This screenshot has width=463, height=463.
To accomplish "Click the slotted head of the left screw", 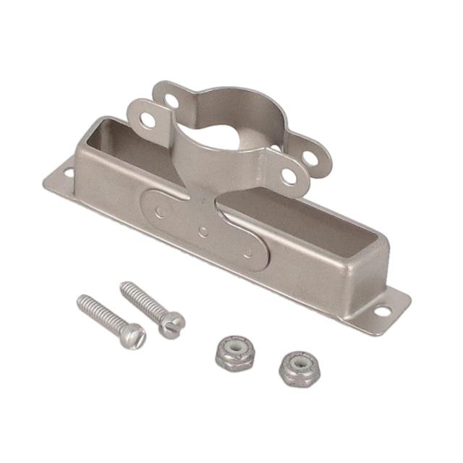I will (x=134, y=335).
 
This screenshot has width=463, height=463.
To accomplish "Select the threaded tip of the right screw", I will (x=124, y=286).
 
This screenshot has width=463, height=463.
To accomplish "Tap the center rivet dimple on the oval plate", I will (x=203, y=231).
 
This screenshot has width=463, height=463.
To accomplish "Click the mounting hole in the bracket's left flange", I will (x=68, y=172).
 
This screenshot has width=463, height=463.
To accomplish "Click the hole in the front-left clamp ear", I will (x=148, y=119).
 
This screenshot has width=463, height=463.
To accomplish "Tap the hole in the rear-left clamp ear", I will (x=171, y=101).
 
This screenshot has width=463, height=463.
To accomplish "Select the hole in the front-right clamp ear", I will (x=289, y=175).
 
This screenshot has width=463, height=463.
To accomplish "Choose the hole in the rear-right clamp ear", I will (x=310, y=156).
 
